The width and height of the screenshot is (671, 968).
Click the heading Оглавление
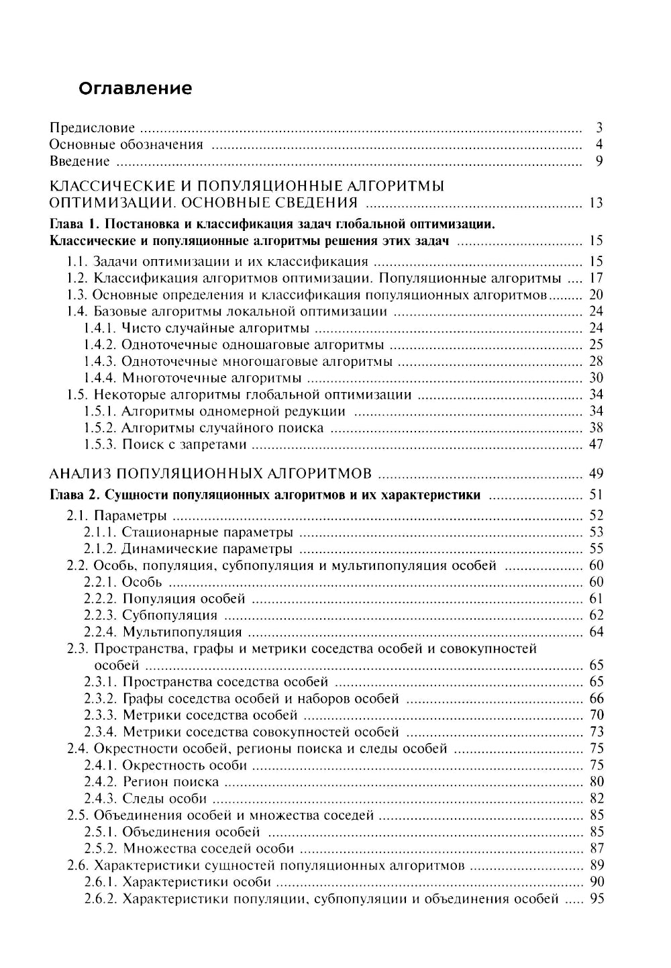point(135,89)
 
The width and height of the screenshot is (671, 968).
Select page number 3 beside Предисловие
point(599,128)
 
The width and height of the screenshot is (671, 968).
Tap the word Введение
point(80,161)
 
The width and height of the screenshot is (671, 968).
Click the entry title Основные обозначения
point(127,144)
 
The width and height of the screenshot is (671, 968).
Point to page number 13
point(596,203)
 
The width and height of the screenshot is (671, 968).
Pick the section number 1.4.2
point(100,345)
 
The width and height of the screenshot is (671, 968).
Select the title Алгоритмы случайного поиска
point(223,428)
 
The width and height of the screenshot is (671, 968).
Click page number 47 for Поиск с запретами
point(596,444)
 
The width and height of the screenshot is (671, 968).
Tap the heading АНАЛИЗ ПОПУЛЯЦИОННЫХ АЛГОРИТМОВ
point(211,475)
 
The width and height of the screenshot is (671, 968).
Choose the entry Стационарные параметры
point(207,532)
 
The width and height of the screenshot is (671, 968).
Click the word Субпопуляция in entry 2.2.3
point(170,616)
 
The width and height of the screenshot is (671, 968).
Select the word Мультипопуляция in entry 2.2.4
point(182,632)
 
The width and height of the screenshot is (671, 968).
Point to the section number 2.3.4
point(101,732)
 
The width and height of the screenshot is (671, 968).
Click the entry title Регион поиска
point(171,782)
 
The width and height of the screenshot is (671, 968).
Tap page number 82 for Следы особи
point(596,798)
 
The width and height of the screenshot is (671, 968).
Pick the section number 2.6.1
point(101,882)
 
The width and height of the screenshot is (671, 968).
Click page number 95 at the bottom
point(596,899)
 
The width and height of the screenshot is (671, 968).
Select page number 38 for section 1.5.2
point(596,428)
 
